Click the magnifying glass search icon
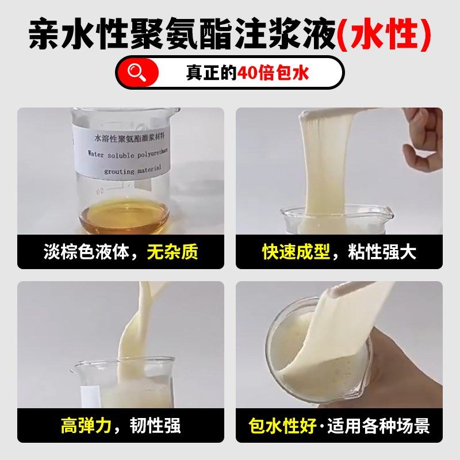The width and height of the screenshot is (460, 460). click(x=137, y=72)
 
